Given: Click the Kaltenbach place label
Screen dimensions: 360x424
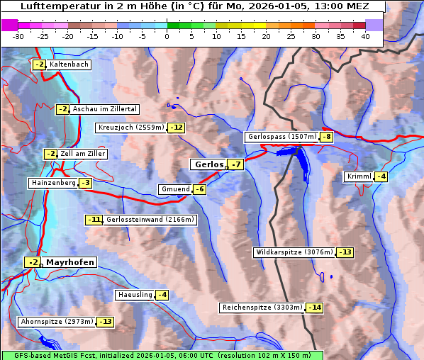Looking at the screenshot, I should click(69, 64).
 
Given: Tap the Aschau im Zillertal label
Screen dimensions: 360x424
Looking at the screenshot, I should click(104, 109).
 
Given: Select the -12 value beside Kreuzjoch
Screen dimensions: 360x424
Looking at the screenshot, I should click(176, 128).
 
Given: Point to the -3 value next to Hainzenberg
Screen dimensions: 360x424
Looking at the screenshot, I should click(85, 183).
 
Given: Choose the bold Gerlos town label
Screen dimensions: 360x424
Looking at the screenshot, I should click(208, 164).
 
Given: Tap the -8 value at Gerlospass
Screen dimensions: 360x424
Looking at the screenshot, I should click(326, 137).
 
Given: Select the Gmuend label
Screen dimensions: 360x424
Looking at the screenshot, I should click(175, 189).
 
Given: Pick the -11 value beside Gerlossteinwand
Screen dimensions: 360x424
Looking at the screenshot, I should click(94, 220).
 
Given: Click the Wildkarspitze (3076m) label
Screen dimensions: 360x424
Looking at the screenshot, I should click(293, 252).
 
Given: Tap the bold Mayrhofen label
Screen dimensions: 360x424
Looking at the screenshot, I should click(69, 262).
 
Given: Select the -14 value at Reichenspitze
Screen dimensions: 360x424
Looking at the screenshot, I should click(314, 308).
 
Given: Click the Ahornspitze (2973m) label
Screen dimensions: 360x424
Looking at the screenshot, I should click(57, 322).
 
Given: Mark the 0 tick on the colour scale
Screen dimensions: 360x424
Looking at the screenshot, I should click(167, 35).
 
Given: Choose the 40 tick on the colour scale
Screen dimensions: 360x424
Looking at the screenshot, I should click(365, 35).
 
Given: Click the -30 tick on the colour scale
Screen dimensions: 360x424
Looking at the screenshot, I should click(18, 35).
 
